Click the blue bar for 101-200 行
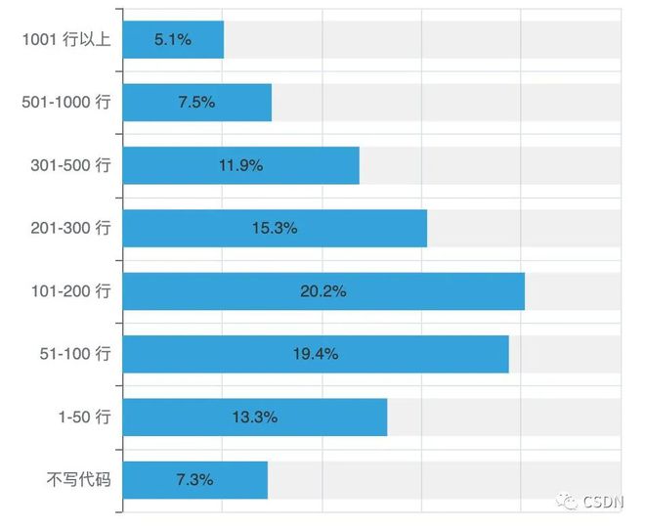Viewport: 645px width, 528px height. click(323, 291)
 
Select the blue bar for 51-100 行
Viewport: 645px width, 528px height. click(316, 354)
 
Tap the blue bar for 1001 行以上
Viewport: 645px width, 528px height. click(173, 40)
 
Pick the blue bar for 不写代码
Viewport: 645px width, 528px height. click(194, 480)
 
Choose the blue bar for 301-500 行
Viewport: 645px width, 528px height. click(240, 165)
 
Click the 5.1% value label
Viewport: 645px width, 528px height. click(173, 40)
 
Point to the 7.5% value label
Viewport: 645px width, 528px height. click(196, 103)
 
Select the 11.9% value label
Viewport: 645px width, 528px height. click(240, 165)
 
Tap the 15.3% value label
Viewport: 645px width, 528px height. click(275, 228)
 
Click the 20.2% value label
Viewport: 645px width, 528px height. click(323, 291)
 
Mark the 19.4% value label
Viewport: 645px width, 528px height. click(316, 354)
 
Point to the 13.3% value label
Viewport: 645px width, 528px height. click(255, 417)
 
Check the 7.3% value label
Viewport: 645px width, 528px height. click(194, 480)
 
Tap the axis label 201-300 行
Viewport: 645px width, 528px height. click(71, 228)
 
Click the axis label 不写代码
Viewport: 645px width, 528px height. click(79, 480)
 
